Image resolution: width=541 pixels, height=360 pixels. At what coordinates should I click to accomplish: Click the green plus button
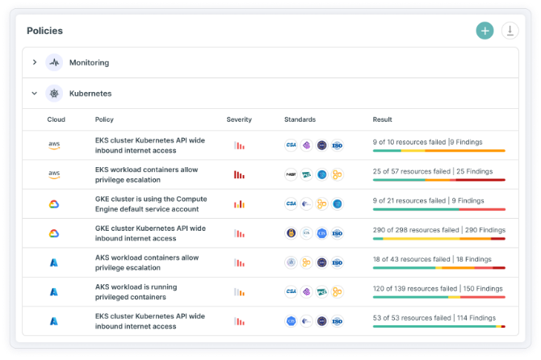click(x=484, y=31)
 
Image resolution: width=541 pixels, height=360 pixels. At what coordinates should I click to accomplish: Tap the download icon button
click(x=510, y=31)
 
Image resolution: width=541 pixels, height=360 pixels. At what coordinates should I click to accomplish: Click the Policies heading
click(x=44, y=31)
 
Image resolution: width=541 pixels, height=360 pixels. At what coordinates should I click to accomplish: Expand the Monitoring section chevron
click(x=35, y=62)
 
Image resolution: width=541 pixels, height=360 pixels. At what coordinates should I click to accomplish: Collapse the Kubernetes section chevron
click(x=35, y=94)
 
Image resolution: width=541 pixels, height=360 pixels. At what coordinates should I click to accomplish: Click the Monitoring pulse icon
click(x=54, y=62)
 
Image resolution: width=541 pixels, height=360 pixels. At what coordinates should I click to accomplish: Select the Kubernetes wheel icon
click(x=54, y=94)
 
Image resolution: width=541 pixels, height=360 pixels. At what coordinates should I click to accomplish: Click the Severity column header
click(x=239, y=119)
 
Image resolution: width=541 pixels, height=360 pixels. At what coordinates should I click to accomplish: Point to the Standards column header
click(x=300, y=119)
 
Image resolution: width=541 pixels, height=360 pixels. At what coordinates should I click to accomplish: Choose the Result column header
click(x=382, y=119)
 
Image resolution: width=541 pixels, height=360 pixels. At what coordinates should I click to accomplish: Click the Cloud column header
click(x=56, y=119)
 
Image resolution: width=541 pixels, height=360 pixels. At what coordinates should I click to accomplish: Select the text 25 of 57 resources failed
click(x=411, y=171)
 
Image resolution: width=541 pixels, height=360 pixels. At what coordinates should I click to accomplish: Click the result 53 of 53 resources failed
click(x=411, y=317)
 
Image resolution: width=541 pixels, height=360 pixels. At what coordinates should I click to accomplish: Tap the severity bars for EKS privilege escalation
click(x=239, y=174)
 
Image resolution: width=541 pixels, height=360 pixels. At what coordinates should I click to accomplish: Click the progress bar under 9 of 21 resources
click(x=438, y=209)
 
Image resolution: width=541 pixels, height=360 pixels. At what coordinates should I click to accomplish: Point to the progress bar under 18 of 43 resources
click(x=438, y=268)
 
